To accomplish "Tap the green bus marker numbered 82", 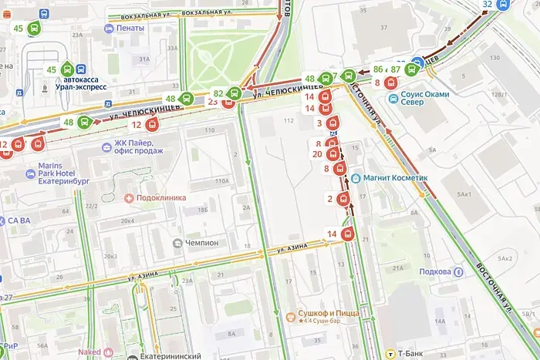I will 235,93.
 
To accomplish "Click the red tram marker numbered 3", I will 333,123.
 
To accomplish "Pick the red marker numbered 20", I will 333,153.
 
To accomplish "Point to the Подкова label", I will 436,271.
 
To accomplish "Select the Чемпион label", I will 201,242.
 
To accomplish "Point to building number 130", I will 492,59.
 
